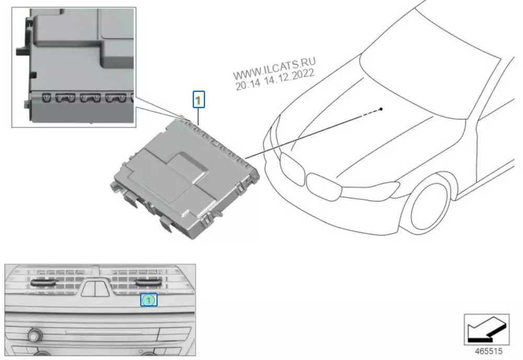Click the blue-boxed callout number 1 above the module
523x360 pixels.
(x=198, y=99)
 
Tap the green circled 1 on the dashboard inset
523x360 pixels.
(x=149, y=300)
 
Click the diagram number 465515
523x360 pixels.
(x=488, y=351)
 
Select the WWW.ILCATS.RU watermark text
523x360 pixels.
(x=274, y=69)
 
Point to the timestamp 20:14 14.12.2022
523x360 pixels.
(x=275, y=81)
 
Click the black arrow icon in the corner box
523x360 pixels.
(x=486, y=330)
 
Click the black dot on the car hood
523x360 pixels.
(x=381, y=109)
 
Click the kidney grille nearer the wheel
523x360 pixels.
(x=324, y=187)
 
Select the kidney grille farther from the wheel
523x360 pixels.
(x=292, y=169)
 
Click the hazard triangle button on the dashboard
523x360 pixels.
(x=95, y=289)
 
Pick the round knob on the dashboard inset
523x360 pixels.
(x=34, y=335)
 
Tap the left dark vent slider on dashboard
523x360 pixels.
(x=44, y=283)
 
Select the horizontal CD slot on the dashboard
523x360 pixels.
(x=104, y=332)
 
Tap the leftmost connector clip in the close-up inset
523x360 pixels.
(x=47, y=97)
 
